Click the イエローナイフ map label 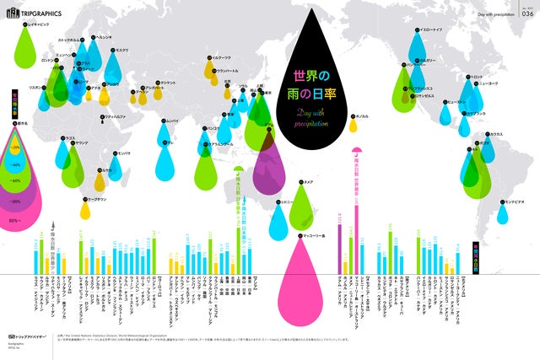click(x=436, y=30)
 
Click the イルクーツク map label click(x=222, y=56)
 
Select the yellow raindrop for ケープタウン click(x=84, y=211)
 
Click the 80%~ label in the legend click(x=13, y=221)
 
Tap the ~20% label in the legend click(x=14, y=148)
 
